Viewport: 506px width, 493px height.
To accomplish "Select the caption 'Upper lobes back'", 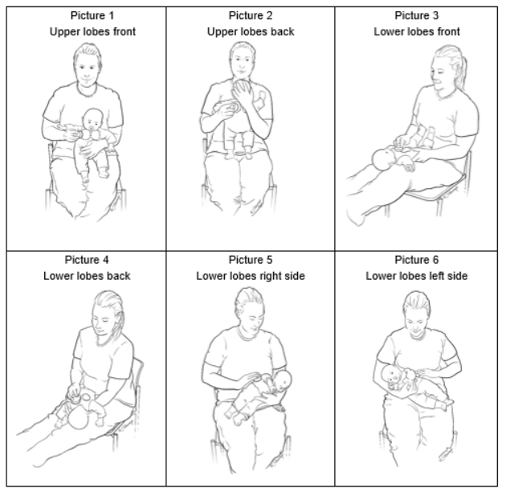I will (251, 32).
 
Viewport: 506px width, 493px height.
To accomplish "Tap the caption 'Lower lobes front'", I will (417, 32).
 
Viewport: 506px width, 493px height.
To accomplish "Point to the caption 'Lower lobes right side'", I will (251, 277).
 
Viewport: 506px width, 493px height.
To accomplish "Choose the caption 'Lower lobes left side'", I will (417, 277).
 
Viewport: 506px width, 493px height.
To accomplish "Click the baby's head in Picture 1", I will (94, 121).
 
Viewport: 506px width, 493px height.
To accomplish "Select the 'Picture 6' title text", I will (417, 260).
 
